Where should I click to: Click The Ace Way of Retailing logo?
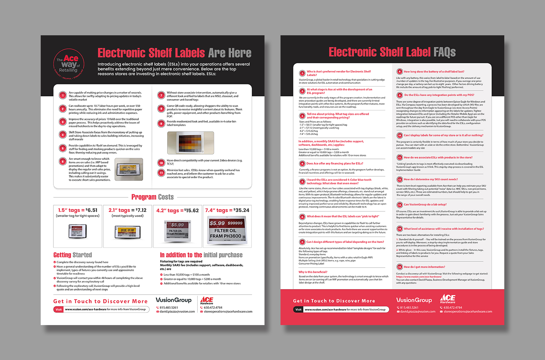point(69,64)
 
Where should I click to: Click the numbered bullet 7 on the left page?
point(161,95)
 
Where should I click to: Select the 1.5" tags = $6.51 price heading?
point(78,210)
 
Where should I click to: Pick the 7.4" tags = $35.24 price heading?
point(227,210)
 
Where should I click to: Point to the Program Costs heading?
point(153,197)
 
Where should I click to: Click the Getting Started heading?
point(73,255)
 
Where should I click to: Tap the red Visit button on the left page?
point(59,309)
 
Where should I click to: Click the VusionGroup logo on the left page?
point(174,300)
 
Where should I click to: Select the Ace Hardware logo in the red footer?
point(448,299)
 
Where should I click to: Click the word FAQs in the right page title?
point(445,52)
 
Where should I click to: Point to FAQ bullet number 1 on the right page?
point(302,73)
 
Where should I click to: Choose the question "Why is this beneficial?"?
point(313,272)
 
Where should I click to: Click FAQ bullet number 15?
point(399,267)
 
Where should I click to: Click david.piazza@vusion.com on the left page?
point(177,312)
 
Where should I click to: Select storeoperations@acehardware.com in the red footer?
point(468,312)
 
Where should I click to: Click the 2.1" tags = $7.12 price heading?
point(128,210)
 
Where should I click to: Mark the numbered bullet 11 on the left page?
point(161,173)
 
